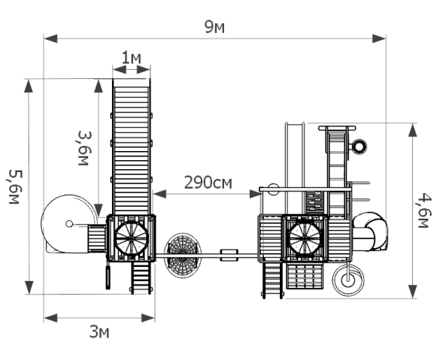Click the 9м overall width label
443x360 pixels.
click(x=214, y=27)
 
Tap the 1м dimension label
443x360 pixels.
click(x=131, y=58)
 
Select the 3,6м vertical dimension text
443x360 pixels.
click(x=84, y=148)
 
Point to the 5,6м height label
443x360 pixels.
click(x=14, y=187)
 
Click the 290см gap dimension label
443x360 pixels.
click(x=208, y=183)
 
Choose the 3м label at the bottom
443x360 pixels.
click(x=99, y=331)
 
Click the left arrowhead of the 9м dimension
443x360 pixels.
click(x=51, y=38)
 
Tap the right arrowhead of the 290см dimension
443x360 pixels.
click(x=255, y=194)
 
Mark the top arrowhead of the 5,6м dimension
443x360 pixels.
click(x=29, y=86)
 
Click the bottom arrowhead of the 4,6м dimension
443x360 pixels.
click(x=413, y=292)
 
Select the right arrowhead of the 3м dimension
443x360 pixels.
click(x=148, y=318)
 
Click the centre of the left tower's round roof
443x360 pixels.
click(x=132, y=239)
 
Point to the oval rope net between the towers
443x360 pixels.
click(x=183, y=256)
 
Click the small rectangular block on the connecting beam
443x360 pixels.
click(x=229, y=256)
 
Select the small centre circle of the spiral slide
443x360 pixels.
click(x=69, y=224)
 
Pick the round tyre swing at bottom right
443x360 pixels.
click(x=348, y=280)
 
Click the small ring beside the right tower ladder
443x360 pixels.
click(x=360, y=147)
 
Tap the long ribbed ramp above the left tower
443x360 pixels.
click(x=132, y=147)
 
